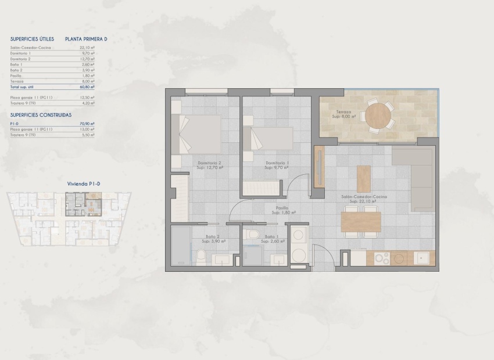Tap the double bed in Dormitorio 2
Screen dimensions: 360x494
pyautogui.click(x=201, y=134)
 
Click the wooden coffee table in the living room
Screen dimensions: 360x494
pyautogui.click(x=364, y=179)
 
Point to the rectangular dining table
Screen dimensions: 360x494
pyautogui.click(x=360, y=222)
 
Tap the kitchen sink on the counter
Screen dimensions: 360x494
pyautogui.click(x=421, y=257)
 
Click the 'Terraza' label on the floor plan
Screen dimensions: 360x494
pyautogui.click(x=343, y=112)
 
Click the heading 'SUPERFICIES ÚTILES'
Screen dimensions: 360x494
pyautogui.click(x=32, y=39)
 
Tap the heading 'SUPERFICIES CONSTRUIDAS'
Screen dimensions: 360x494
pyautogui.click(x=41, y=115)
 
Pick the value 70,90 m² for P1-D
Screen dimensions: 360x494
pyautogui.click(x=88, y=124)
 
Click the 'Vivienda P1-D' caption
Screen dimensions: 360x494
pyautogui.click(x=84, y=183)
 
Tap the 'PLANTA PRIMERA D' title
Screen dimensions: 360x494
pyautogui.click(x=87, y=39)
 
